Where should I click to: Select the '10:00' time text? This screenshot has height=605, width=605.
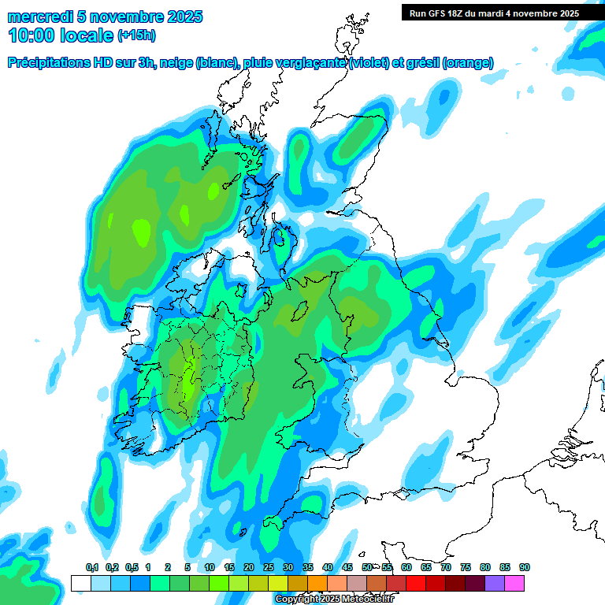[31, 35]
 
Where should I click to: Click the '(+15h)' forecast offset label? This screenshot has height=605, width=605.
[137, 35]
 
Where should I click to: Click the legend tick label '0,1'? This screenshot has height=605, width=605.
[91, 568]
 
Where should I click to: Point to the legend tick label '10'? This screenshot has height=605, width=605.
[210, 568]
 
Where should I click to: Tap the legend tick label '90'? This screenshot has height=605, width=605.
[525, 568]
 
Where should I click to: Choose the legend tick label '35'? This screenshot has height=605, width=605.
[308, 568]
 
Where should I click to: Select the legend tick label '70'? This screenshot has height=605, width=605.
[446, 568]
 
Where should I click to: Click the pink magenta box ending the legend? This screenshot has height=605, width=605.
[514, 584]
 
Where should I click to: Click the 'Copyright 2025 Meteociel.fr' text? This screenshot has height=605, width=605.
[333, 599]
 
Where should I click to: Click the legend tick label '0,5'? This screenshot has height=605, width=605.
[131, 568]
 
